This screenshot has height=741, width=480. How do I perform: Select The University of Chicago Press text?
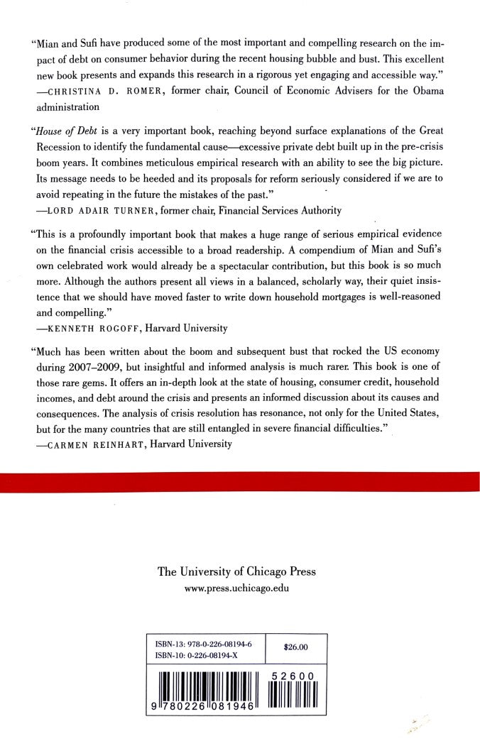tap(236, 572)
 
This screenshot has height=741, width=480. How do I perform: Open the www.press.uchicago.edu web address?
tap(236, 588)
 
